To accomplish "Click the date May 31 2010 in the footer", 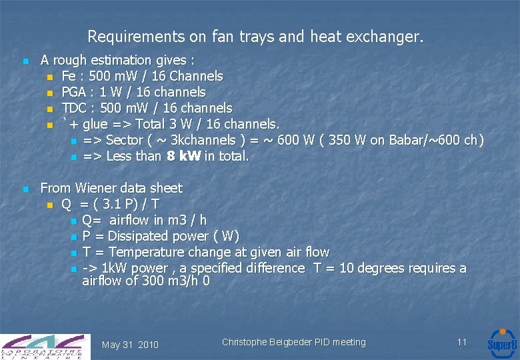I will pos(130,345).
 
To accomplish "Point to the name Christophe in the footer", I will pos(245,343).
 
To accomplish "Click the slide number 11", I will pos(462,342).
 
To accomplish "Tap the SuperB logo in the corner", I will pos(501,343).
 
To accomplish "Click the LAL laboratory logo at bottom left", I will pos(45,346).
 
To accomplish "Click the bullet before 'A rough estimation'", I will pos(25,61).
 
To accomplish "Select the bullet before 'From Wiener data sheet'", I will pos(25,189).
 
